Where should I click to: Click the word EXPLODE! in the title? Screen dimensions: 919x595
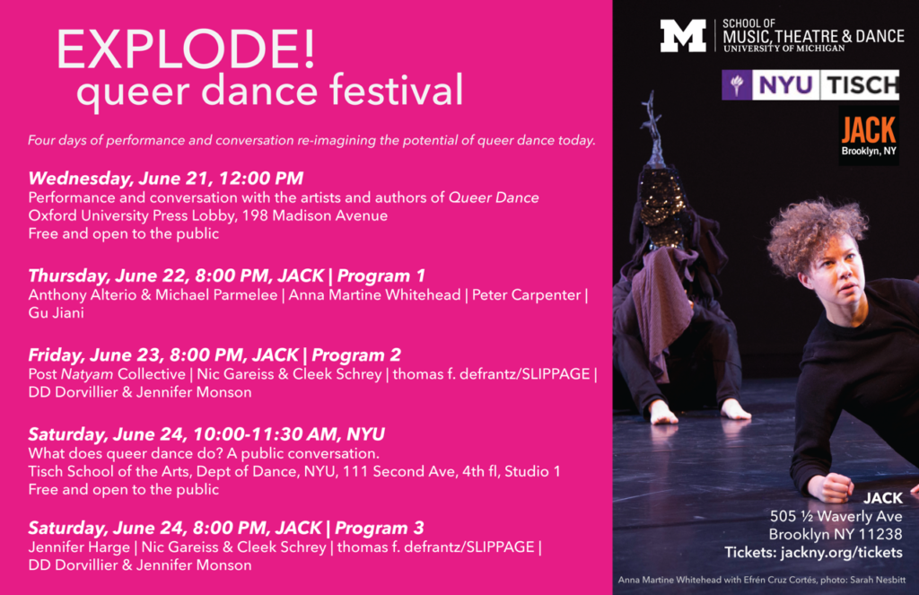(x=186, y=49)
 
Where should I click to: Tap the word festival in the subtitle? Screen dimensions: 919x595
(x=396, y=91)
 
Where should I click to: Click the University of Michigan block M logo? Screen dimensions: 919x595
(x=683, y=36)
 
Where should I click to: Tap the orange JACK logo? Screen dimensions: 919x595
(x=869, y=136)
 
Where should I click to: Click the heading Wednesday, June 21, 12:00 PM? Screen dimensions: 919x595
(x=166, y=179)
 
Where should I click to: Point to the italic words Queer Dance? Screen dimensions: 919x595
(x=494, y=197)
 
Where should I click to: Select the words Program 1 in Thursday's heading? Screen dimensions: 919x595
(x=381, y=276)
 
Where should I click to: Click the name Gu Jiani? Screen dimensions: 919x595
(x=57, y=312)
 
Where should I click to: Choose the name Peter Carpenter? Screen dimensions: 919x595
(x=526, y=295)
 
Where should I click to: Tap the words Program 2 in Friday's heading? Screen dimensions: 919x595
(x=356, y=354)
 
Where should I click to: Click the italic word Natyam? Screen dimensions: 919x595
(x=87, y=374)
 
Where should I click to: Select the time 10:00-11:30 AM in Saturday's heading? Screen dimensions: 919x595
(x=265, y=434)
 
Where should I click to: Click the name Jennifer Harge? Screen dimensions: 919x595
(x=79, y=547)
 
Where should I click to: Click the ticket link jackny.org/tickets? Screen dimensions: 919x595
(x=842, y=553)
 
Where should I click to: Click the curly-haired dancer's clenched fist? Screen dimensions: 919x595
(x=829, y=486)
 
